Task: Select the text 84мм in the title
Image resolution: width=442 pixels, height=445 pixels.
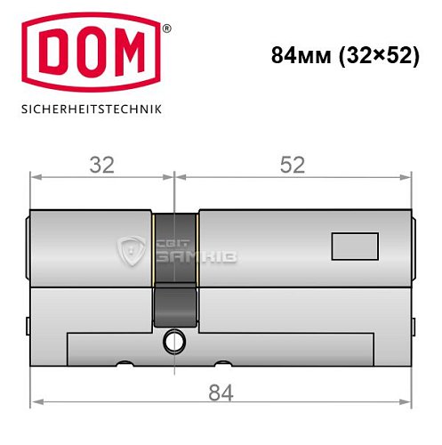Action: click(x=299, y=54)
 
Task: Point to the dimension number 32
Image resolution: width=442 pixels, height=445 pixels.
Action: click(x=102, y=165)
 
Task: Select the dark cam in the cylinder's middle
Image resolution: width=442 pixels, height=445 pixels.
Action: click(x=175, y=267)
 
